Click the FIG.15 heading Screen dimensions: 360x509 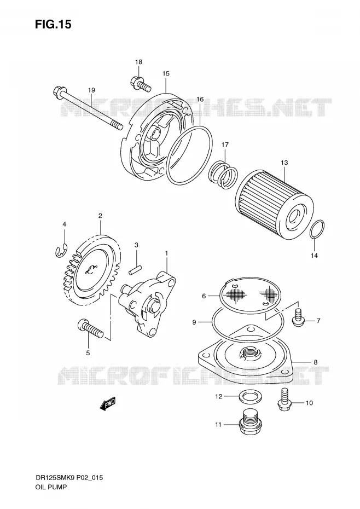coord(53,24)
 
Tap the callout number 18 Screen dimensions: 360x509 coord(138,62)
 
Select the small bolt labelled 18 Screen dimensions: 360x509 coord(140,83)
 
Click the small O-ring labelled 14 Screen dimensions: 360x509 coord(316,230)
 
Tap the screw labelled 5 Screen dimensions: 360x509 coord(90,329)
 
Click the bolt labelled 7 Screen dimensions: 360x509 coord(298,317)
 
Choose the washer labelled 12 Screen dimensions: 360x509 coord(249,397)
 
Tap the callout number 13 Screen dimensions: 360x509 coord(284,163)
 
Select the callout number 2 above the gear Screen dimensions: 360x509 coord(100,216)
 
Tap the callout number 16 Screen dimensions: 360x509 coord(200,99)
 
